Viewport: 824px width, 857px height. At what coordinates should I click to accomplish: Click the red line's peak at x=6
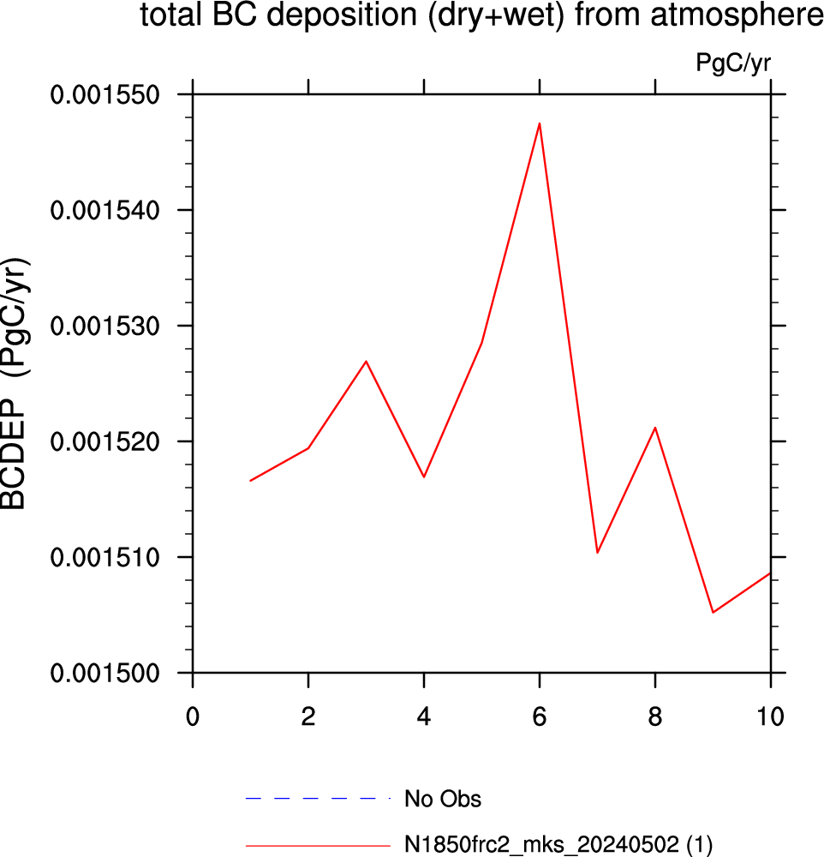(x=540, y=123)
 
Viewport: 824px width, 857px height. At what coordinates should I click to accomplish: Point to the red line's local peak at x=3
(x=366, y=361)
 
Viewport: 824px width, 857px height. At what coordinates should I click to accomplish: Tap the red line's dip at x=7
(x=597, y=553)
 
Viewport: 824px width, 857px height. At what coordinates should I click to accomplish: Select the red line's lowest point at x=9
(x=713, y=612)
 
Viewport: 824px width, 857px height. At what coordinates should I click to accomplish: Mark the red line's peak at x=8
(x=655, y=428)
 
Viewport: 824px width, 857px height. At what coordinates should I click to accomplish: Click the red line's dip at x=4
(x=424, y=477)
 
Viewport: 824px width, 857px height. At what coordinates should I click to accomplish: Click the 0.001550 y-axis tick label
(x=104, y=95)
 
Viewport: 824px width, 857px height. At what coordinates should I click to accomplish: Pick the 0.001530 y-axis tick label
(x=104, y=327)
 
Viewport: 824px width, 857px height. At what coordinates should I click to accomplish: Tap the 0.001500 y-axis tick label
(x=104, y=674)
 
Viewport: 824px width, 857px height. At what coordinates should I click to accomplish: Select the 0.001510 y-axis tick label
(x=104, y=558)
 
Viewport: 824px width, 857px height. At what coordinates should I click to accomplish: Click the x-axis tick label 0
(x=193, y=716)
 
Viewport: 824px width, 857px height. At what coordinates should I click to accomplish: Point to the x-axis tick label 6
(x=540, y=716)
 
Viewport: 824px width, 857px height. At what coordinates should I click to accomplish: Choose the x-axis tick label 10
(x=770, y=716)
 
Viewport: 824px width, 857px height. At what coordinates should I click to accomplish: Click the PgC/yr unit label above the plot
(x=733, y=63)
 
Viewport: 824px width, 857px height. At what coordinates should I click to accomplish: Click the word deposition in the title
(x=342, y=15)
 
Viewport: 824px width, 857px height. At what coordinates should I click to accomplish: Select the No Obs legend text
(x=443, y=799)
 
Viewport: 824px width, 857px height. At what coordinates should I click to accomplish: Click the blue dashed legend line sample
(x=318, y=799)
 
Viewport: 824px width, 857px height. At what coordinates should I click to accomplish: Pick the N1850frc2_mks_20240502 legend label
(x=542, y=844)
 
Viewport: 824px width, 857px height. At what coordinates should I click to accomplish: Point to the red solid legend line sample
(x=318, y=846)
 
